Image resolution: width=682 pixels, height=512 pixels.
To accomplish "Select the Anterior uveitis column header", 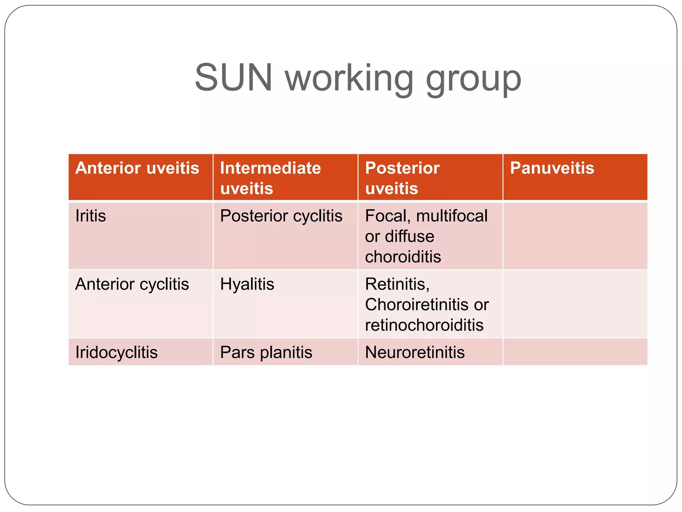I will click(137, 168).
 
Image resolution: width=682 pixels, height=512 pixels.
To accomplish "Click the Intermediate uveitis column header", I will click(270, 178).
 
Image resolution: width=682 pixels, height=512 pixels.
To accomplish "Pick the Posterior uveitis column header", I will click(402, 178).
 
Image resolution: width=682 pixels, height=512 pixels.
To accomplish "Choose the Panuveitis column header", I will click(552, 168).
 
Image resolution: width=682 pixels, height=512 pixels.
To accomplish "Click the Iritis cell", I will click(91, 216).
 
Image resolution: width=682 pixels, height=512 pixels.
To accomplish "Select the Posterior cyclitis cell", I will click(281, 216).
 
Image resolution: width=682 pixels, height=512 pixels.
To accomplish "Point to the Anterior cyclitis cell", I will click(132, 284).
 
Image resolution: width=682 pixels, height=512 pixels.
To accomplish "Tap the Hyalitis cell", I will click(247, 284).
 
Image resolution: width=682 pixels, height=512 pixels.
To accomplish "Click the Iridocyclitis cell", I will click(116, 352).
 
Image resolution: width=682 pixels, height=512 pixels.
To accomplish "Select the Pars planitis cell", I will click(266, 352).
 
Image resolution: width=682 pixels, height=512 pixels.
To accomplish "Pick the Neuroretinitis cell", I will click(415, 352).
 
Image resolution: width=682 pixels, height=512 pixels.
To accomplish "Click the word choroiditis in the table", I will click(403, 257).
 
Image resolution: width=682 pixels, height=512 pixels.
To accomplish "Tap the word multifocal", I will click(452, 216).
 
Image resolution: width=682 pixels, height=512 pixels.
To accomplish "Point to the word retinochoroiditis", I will click(424, 325).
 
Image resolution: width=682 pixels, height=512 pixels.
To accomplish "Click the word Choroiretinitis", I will click(417, 304).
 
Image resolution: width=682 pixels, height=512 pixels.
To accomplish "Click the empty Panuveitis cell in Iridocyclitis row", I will click(575, 352).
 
